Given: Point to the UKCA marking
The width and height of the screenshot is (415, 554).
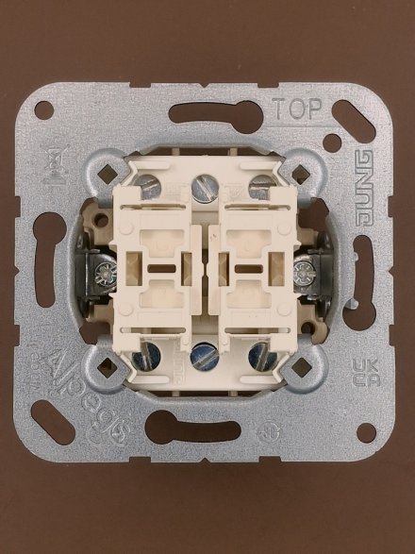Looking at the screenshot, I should click(361, 371).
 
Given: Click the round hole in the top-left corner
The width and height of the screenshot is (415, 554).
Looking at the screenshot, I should click(44, 110).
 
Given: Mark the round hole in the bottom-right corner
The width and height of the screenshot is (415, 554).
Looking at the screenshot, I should click(371, 436).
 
